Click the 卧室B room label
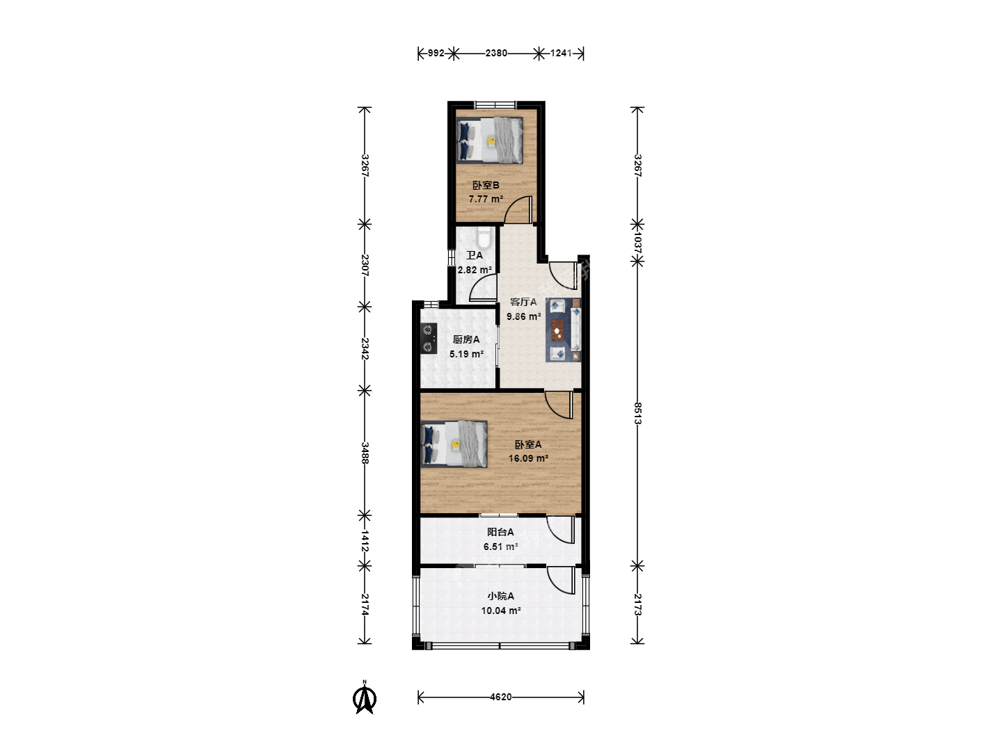point(486,185)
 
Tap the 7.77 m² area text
point(486,199)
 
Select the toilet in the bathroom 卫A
point(484,237)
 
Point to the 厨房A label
point(466,339)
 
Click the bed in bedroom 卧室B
point(489,140)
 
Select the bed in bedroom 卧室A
point(454,444)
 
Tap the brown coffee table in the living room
point(557,330)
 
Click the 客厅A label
point(523,302)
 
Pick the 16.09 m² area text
point(528,458)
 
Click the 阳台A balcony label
point(500,532)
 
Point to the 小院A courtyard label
point(501,596)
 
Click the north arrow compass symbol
point(365,697)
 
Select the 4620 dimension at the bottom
point(501,697)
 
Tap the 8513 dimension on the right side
point(637,413)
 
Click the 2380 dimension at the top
point(496,54)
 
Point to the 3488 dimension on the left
point(365,453)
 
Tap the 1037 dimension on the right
point(637,243)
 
